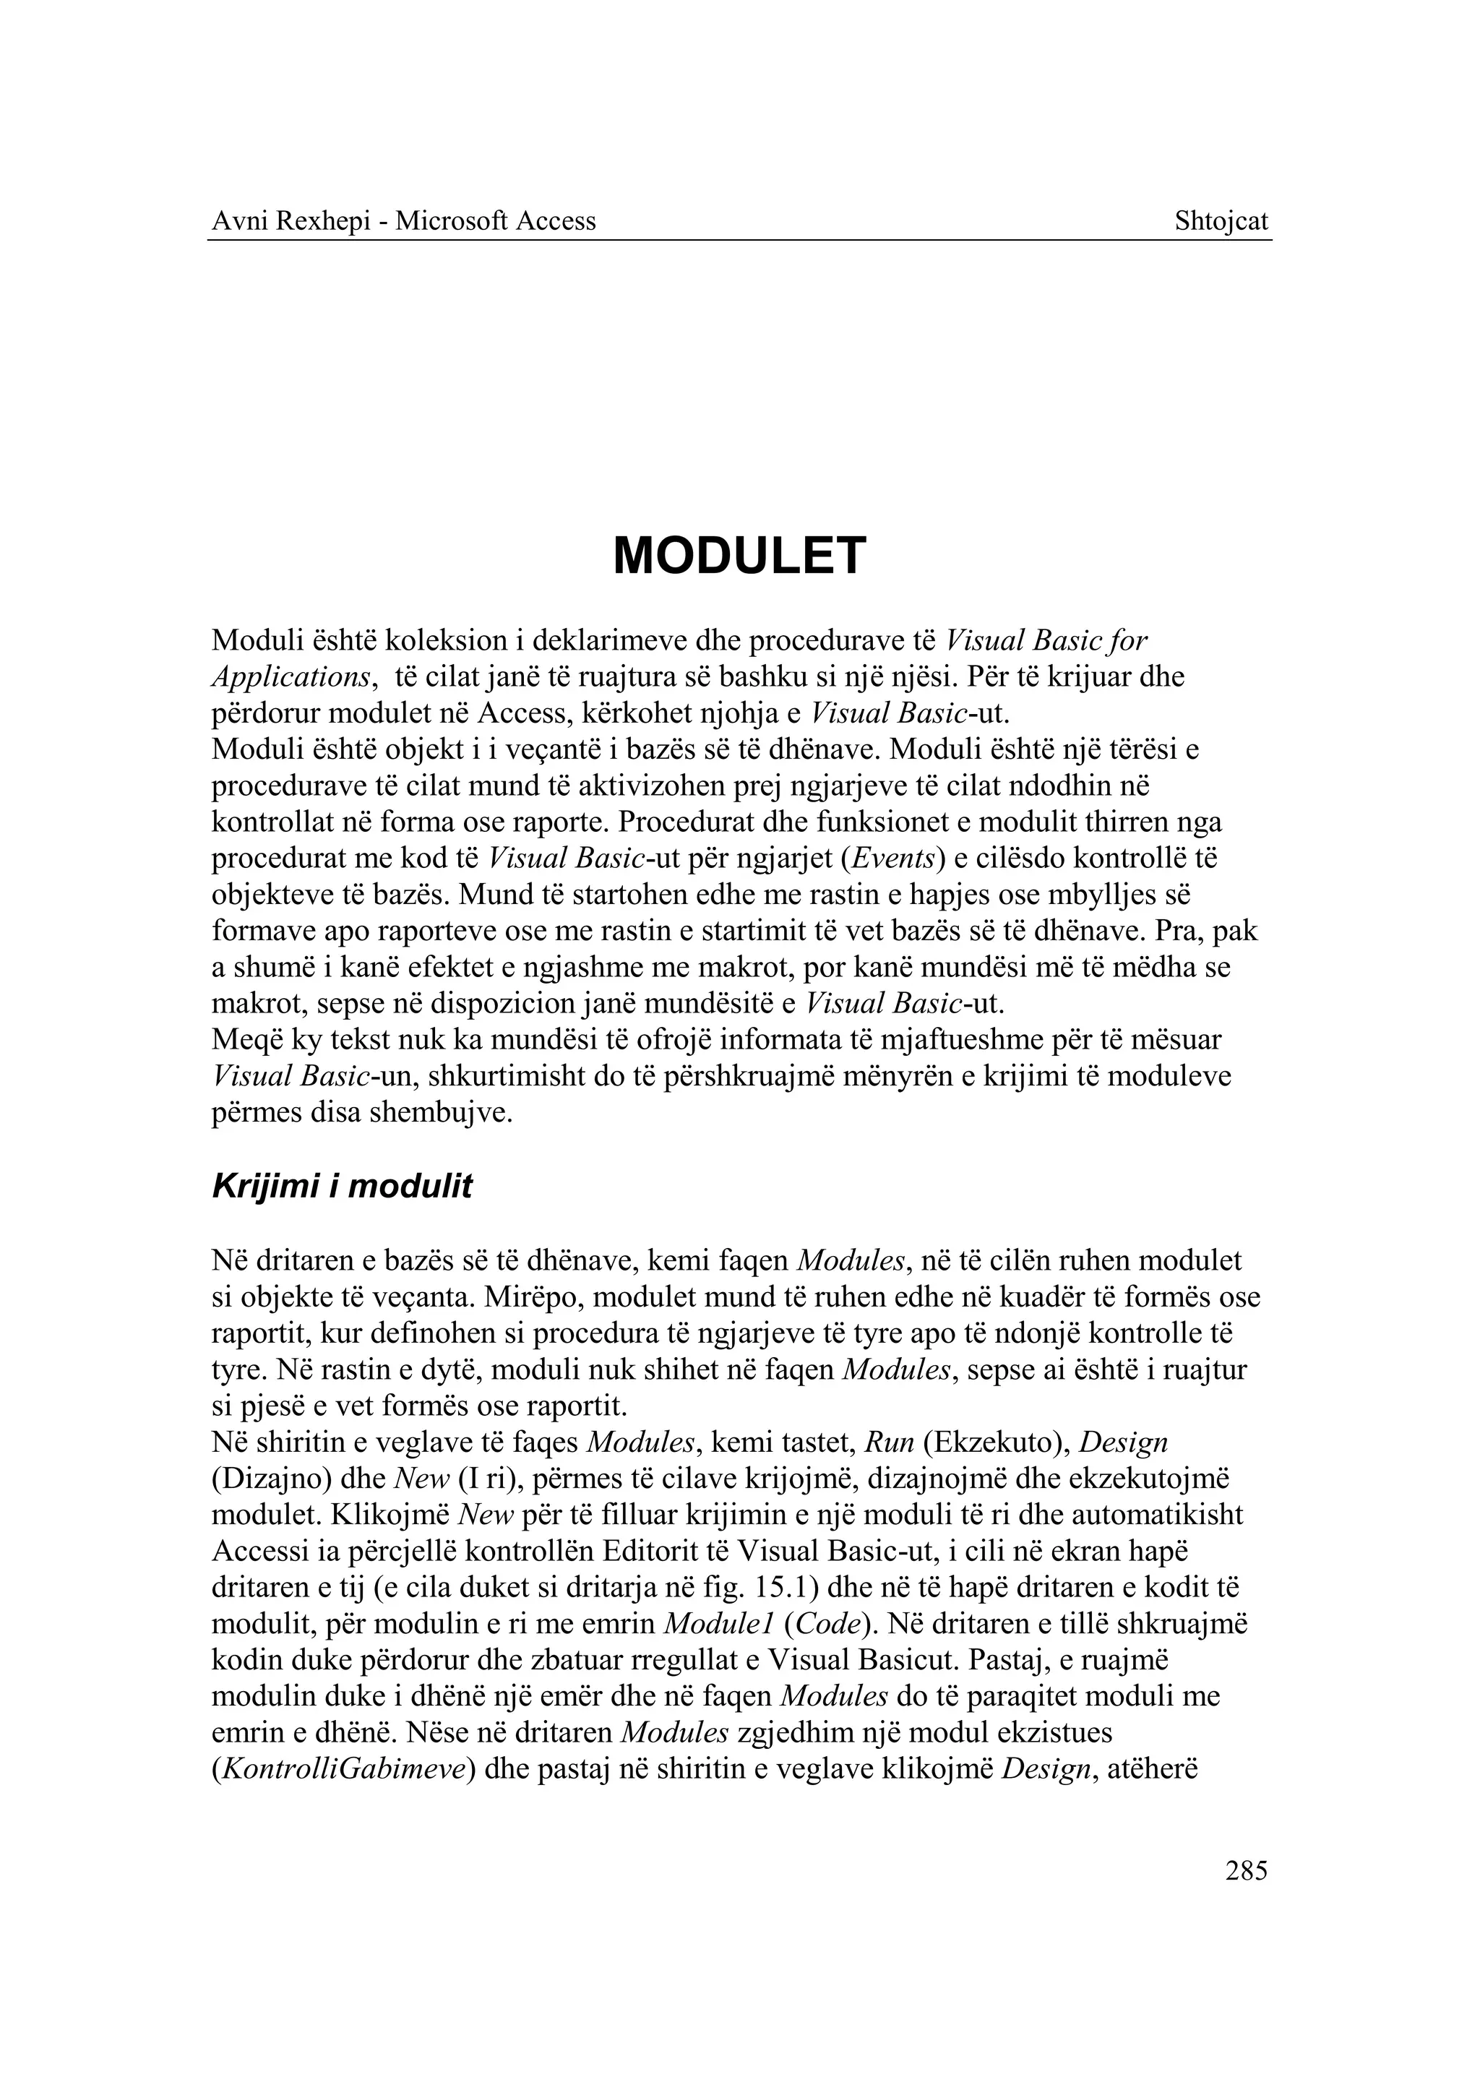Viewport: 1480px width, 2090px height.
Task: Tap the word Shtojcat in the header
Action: point(1221,221)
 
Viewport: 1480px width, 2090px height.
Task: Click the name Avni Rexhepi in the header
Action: point(289,221)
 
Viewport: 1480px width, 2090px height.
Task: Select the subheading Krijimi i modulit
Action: point(342,1187)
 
